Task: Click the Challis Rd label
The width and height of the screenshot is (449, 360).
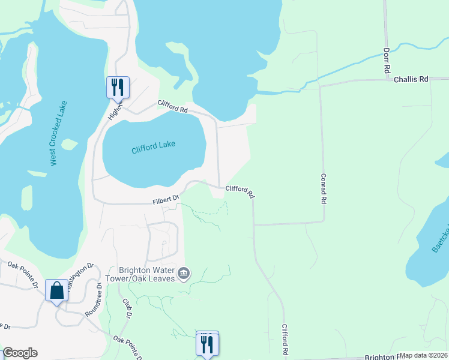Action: tap(411, 79)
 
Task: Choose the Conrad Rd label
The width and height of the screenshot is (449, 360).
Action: tap(324, 189)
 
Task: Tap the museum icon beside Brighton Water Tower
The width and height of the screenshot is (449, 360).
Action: tap(184, 274)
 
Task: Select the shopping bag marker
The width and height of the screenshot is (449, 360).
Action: tap(56, 290)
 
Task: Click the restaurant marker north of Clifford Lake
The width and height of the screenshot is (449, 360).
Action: tap(117, 87)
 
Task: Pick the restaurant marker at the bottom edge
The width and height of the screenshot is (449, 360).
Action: tap(207, 344)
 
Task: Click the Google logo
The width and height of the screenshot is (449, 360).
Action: tap(20, 353)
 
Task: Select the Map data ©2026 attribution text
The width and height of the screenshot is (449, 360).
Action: tap(424, 355)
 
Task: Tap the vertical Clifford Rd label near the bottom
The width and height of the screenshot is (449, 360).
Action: tap(286, 340)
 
